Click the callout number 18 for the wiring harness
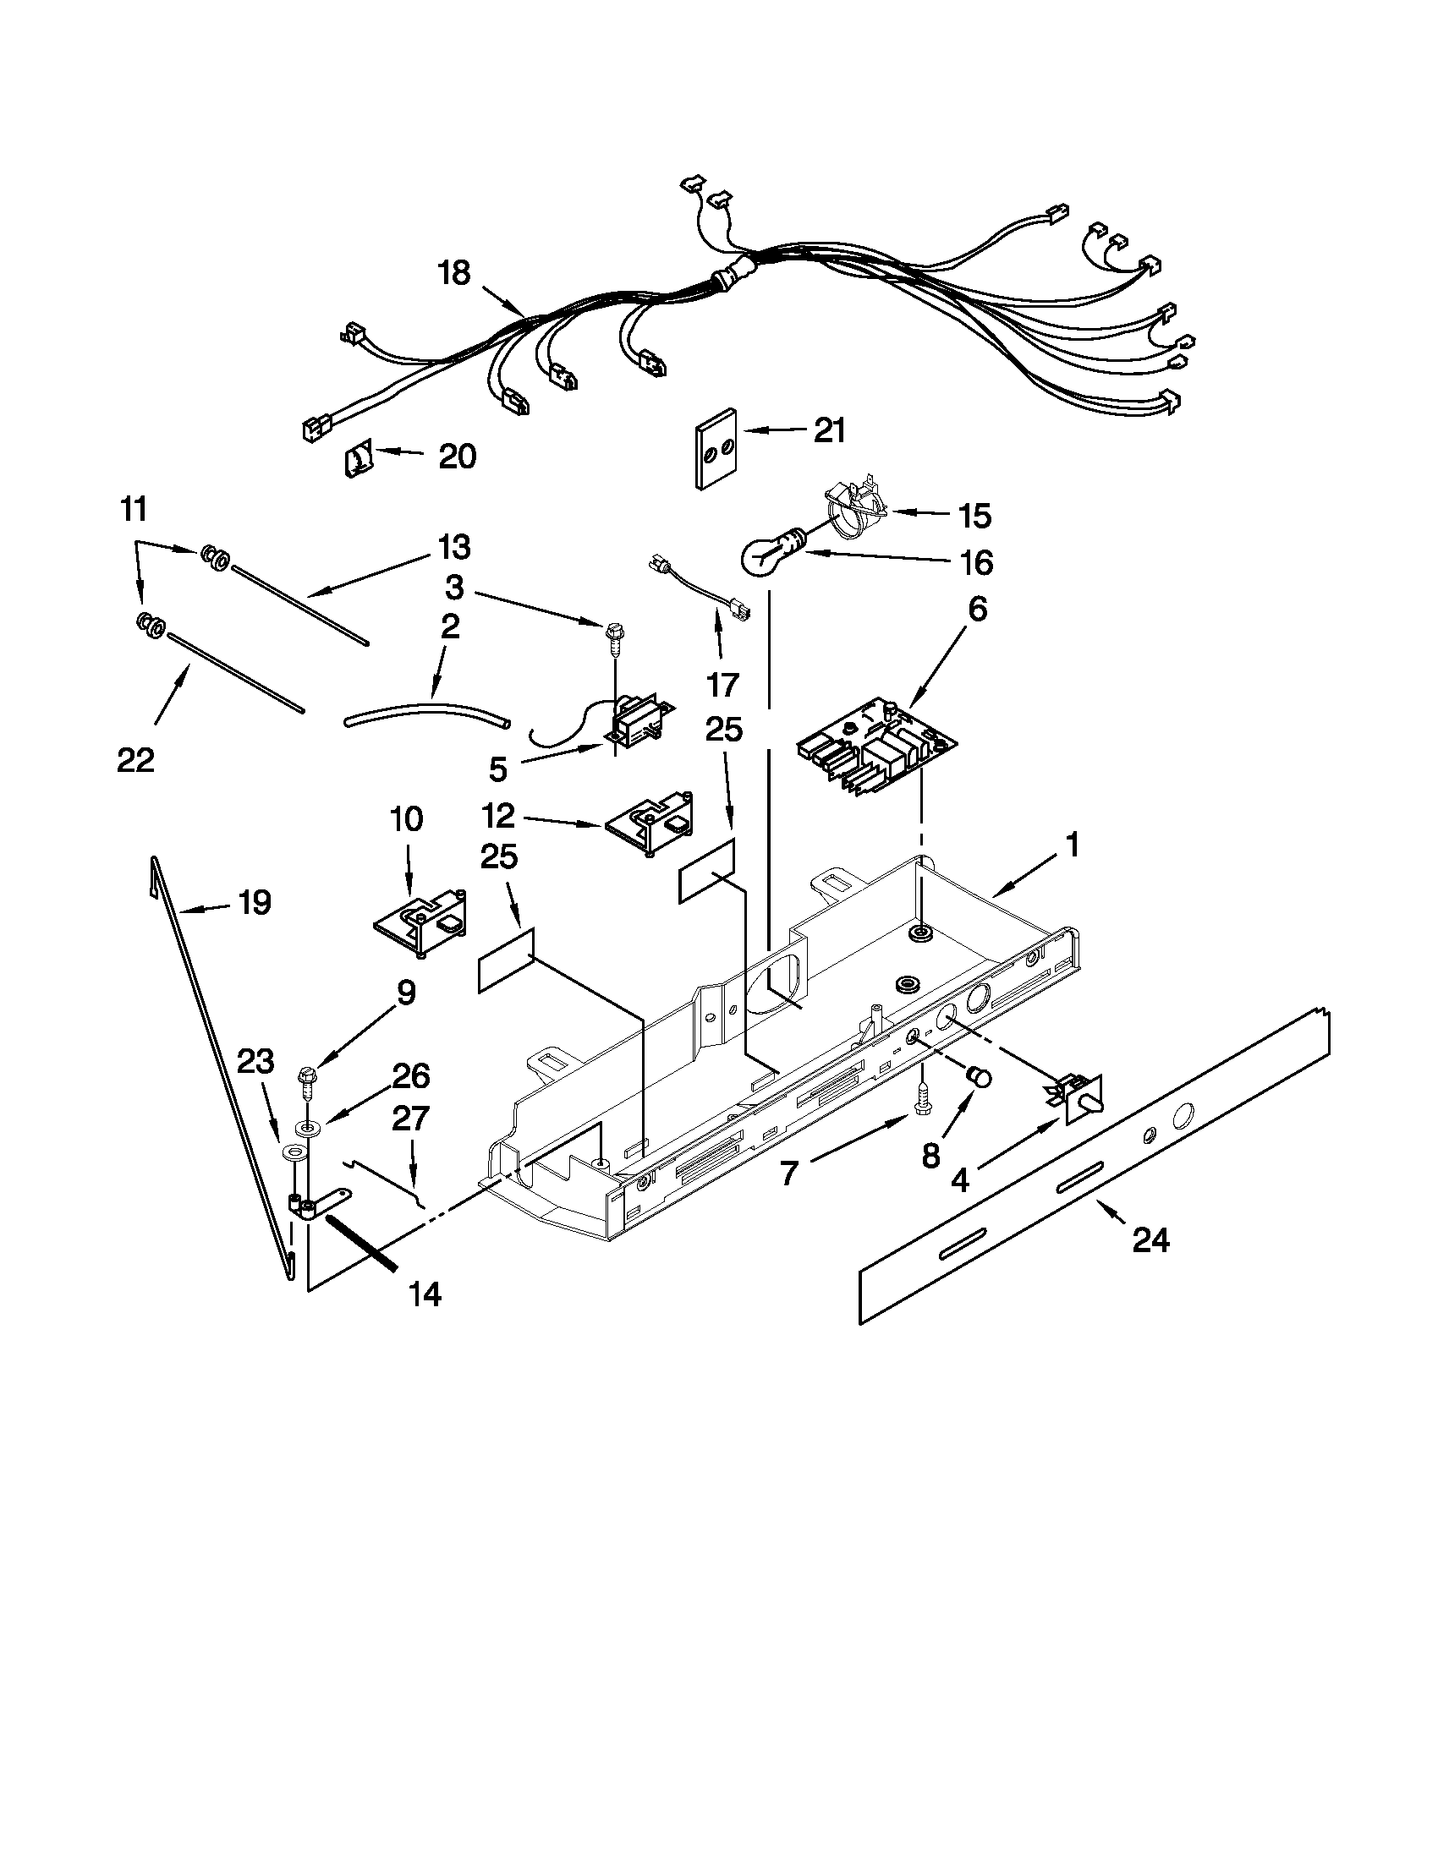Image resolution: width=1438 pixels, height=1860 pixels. tap(454, 273)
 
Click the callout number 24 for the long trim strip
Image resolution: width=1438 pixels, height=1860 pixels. tap(1150, 1241)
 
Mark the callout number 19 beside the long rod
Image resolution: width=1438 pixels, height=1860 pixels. tap(254, 902)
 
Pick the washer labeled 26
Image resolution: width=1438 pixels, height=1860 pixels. tap(304, 1129)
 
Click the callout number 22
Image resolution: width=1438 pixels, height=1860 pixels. tap(135, 760)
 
